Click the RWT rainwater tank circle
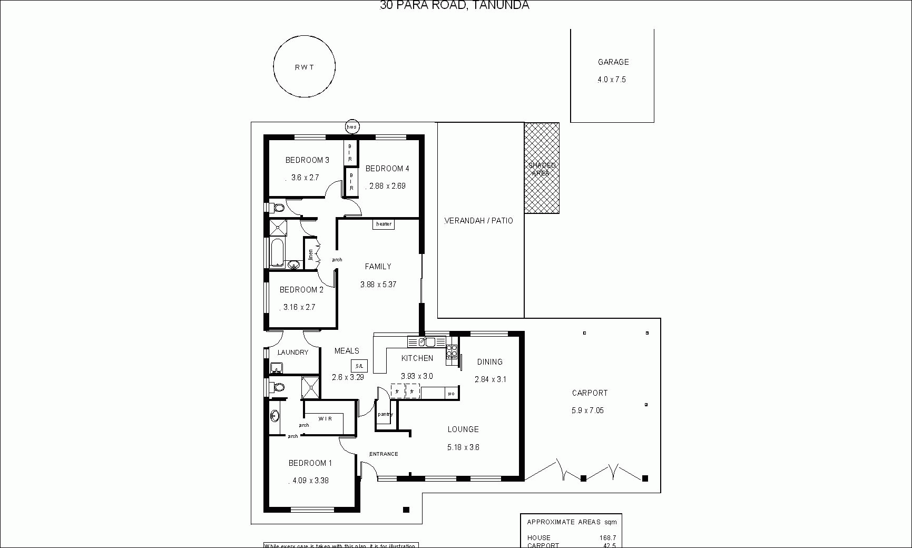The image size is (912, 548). [x=304, y=66]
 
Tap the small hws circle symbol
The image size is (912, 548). [x=352, y=126]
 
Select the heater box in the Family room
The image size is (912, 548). [x=384, y=224]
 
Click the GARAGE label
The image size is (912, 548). [x=613, y=62]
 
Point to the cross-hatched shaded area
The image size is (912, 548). [x=542, y=168]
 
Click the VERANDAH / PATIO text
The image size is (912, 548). [x=478, y=221]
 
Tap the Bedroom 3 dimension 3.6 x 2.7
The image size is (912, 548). [x=305, y=178]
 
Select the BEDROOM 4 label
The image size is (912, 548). [x=387, y=169]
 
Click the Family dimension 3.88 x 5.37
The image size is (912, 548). [x=378, y=285]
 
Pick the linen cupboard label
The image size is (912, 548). [x=311, y=255]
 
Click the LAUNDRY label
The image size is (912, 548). [x=293, y=353]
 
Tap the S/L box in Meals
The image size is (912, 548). [x=359, y=366]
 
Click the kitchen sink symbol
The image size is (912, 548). [x=426, y=342]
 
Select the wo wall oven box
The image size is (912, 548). [x=451, y=393]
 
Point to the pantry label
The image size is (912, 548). [x=385, y=414]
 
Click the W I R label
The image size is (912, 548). [x=325, y=419]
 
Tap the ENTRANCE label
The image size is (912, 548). [x=384, y=454]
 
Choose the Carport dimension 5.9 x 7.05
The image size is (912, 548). [x=587, y=410]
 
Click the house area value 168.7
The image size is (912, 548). [x=607, y=538]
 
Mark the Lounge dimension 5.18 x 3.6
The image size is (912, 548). [x=463, y=447]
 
